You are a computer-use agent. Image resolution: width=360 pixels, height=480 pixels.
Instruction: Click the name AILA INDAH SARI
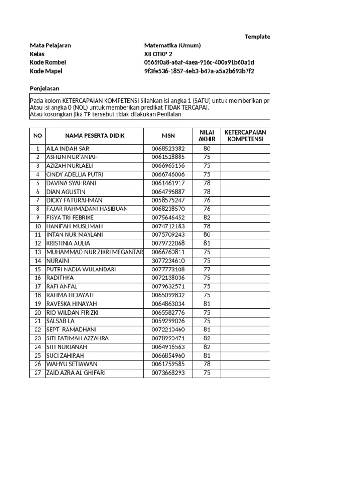[x=65, y=149]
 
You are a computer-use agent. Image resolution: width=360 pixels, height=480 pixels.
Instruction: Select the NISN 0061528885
[x=168, y=157]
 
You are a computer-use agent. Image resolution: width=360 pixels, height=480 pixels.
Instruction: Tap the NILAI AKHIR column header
[x=207, y=135]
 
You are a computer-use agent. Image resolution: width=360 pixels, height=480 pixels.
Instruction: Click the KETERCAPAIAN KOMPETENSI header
[x=245, y=135]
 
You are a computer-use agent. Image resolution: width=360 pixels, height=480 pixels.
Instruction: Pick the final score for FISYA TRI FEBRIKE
[x=207, y=217]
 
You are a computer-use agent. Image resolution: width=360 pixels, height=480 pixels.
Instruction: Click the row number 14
[x=37, y=261]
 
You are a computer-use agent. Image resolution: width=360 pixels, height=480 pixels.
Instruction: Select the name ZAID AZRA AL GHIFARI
[x=76, y=373]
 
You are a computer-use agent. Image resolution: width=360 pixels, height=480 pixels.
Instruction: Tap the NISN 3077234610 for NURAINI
[x=168, y=261]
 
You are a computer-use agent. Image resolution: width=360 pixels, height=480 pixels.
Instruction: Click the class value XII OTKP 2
[x=158, y=54]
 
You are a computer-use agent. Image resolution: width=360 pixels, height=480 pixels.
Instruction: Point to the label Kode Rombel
[x=48, y=63]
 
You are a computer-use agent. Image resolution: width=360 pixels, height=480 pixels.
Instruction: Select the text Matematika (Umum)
[x=172, y=45]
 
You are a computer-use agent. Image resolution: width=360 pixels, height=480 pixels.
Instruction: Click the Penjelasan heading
[x=45, y=89]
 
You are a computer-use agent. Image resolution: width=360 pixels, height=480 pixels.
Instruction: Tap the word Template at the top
[x=257, y=37]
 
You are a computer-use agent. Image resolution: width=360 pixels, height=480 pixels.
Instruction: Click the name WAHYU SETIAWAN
[x=69, y=364]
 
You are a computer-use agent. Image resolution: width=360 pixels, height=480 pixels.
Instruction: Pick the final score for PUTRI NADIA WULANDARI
[x=207, y=270]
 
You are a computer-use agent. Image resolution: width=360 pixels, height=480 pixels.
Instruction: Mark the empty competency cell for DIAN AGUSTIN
[x=245, y=192]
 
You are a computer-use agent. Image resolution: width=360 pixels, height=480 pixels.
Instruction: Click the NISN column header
[x=168, y=135]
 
